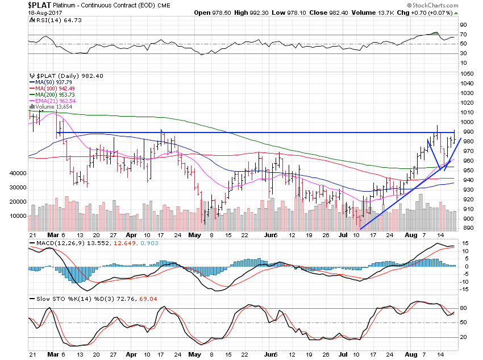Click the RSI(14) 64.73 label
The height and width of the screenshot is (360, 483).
tap(49, 20)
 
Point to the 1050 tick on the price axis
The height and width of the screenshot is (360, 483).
tap(467, 74)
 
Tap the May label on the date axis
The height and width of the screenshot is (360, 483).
tap(194, 234)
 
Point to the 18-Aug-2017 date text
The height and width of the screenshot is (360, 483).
tap(18, 13)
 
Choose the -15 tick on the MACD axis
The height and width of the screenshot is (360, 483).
tap(464, 289)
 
